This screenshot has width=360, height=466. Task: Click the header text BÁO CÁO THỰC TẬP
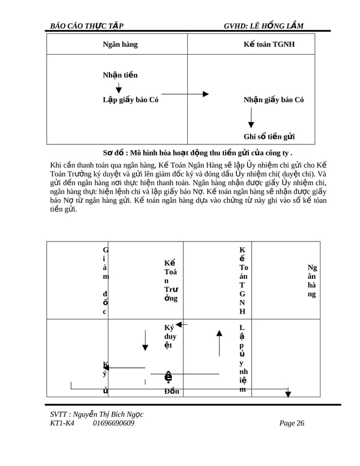pos(87,26)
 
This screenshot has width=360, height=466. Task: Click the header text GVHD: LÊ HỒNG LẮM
pos(264,26)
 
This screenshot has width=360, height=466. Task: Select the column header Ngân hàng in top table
pos(120,45)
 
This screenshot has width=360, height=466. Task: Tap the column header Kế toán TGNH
pos(269,45)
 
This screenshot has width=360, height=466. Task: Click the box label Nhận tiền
pos(120,75)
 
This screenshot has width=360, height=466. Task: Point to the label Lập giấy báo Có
pos(130,100)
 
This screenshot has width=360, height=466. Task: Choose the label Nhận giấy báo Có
pos(274,100)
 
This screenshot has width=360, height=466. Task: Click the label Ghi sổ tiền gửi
pos(269,137)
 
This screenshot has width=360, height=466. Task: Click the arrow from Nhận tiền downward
pos(118,87)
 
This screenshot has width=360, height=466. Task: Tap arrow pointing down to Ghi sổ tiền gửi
pos(251,117)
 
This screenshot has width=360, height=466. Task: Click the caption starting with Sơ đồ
pos(197,153)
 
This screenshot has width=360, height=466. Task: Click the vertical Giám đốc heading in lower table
pos(106,280)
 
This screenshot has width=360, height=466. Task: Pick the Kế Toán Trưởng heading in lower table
pos(170,280)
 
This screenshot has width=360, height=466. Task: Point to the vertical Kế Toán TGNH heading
pos(243,280)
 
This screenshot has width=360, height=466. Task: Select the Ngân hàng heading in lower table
pos(312,280)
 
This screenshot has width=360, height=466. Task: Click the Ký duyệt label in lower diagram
pos(170,336)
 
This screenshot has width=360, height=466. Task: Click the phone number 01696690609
pos(113,423)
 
